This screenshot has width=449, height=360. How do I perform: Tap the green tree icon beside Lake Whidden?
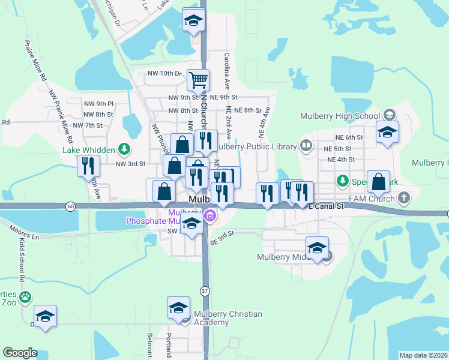tap(124, 148)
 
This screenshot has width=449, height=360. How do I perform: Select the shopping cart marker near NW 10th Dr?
tap(198, 79)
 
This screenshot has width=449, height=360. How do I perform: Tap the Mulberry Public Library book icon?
tap(306, 146)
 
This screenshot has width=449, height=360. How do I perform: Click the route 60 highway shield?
tap(71, 206)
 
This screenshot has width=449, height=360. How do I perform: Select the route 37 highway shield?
tap(204, 291)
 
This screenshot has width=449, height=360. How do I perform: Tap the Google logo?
tap(20, 353)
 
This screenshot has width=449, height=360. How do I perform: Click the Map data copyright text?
tap(424, 355)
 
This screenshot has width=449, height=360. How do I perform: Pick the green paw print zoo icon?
tap(25, 296)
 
